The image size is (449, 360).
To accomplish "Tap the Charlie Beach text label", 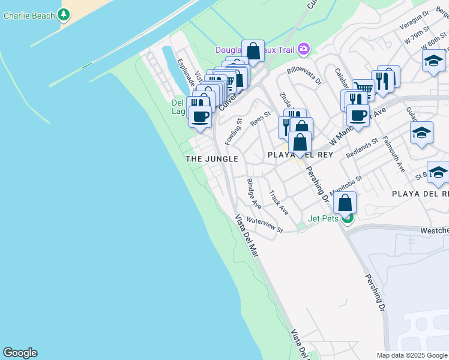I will tap(29, 16).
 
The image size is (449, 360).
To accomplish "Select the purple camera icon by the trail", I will tap(304, 49).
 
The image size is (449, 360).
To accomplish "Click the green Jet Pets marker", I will tap(348, 218).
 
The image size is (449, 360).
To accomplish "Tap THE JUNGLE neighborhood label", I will tap(212, 159).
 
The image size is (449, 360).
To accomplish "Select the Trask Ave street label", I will tap(279, 203).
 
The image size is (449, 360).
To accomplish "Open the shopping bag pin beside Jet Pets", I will tap(345, 202).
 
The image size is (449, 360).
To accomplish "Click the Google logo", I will tap(20, 353).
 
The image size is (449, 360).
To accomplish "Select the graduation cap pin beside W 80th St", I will tap(433, 61).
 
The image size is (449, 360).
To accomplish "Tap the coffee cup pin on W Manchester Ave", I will tap(358, 115).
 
